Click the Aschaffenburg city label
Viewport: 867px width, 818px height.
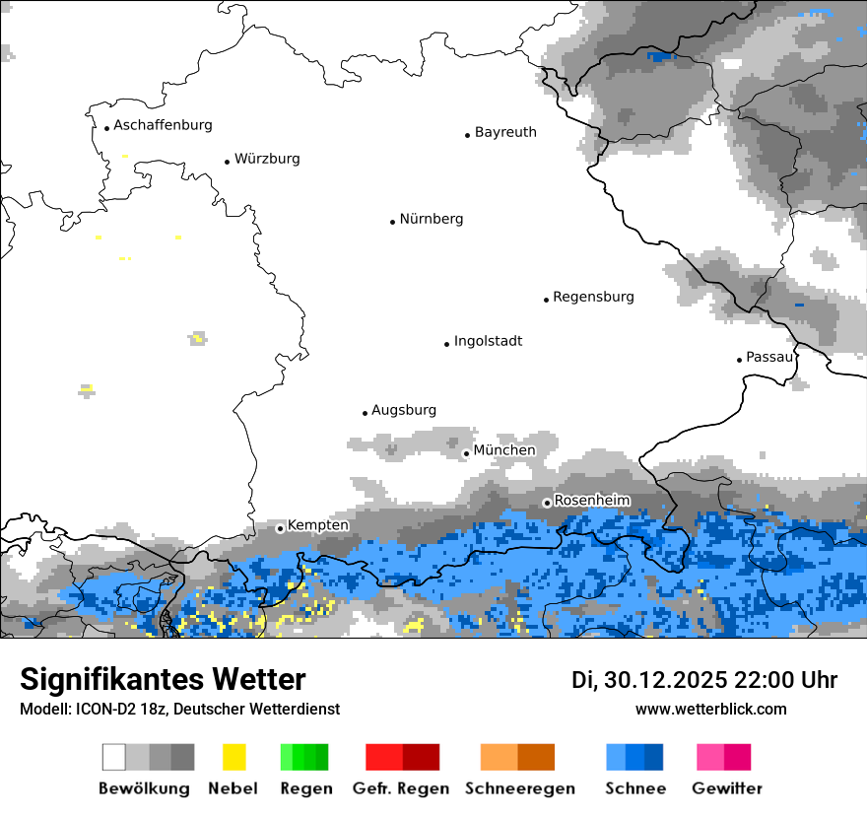click(x=163, y=125)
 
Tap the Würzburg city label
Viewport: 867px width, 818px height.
click(x=267, y=159)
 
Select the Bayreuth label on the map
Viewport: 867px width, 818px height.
click(x=505, y=132)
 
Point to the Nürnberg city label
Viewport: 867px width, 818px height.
click(x=431, y=219)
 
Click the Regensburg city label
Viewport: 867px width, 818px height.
click(x=593, y=297)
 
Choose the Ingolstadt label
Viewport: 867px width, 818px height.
click(x=488, y=341)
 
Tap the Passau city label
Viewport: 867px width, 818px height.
click(x=769, y=357)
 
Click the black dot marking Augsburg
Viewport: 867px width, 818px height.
click(x=365, y=413)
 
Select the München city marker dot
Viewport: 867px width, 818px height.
click(x=466, y=453)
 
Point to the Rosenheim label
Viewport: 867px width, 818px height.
click(x=591, y=501)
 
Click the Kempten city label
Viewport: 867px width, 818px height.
click(x=317, y=525)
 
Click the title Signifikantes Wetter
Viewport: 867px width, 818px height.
click(x=163, y=680)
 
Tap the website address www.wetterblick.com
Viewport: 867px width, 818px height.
click(x=710, y=709)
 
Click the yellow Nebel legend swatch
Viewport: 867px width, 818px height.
click(x=233, y=757)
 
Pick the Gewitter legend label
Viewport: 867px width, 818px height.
click(x=726, y=788)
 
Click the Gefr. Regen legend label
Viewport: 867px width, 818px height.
click(x=401, y=788)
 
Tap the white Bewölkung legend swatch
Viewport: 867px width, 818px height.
click(x=114, y=757)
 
